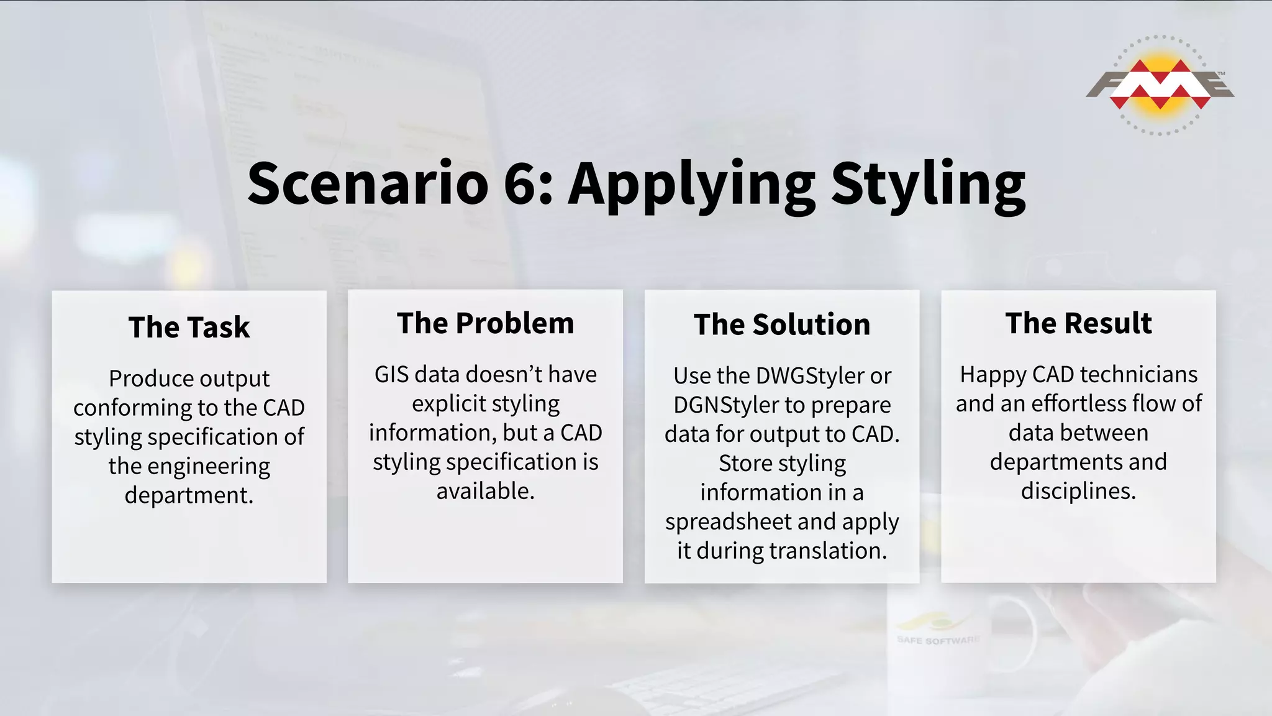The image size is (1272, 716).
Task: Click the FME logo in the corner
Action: click(1160, 85)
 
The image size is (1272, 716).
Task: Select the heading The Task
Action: click(189, 328)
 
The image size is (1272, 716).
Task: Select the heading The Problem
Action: click(485, 324)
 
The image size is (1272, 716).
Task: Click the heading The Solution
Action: click(782, 325)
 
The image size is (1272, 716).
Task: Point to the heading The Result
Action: click(1078, 324)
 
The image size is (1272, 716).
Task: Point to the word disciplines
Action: click(1078, 492)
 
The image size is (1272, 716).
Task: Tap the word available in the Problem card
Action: click(485, 492)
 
